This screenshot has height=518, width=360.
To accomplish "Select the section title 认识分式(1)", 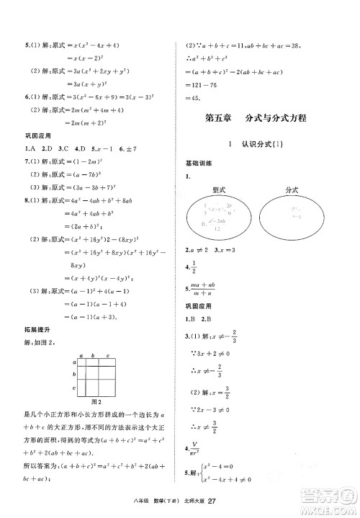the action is (x=262, y=144).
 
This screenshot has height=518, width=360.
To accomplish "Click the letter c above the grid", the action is (x=107, y=355).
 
